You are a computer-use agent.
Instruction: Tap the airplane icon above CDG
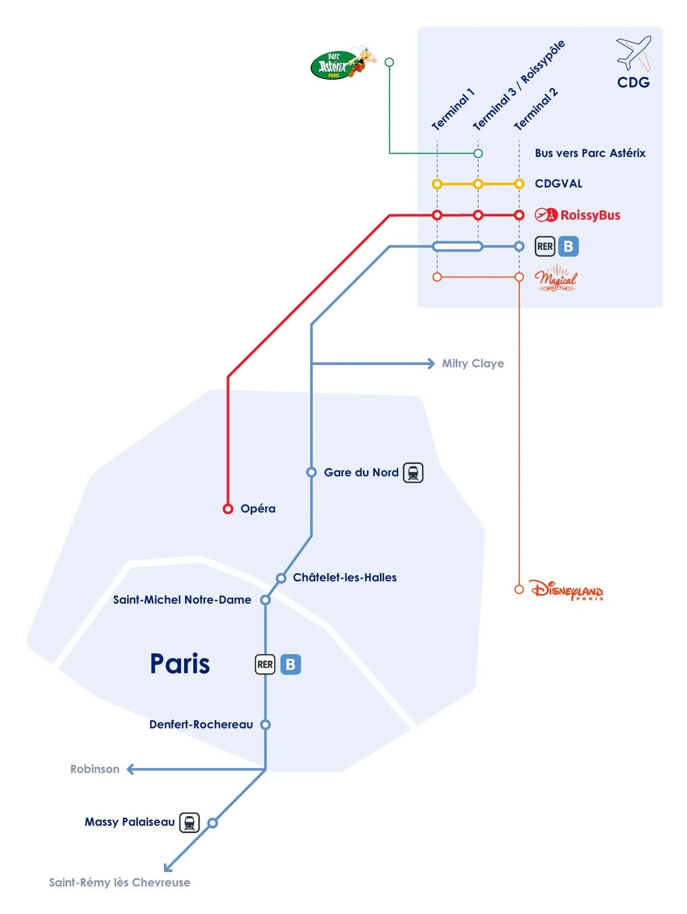click(634, 53)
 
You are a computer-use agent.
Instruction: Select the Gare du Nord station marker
click(311, 472)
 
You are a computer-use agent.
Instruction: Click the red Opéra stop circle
click(228, 509)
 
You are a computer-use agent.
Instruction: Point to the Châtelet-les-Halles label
click(345, 577)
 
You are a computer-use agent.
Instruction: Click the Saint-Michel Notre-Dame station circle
click(265, 600)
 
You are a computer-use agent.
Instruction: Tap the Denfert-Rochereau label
click(201, 725)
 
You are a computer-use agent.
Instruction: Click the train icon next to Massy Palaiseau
click(189, 822)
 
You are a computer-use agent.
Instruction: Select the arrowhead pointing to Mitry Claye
click(431, 364)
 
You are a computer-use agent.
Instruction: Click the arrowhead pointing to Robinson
click(130, 770)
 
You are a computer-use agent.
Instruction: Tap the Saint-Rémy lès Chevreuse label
click(120, 882)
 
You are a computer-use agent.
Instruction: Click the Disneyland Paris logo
click(567, 590)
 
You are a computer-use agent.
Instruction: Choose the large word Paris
click(180, 664)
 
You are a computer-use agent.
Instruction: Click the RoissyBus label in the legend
click(590, 215)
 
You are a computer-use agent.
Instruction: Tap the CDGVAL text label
click(558, 184)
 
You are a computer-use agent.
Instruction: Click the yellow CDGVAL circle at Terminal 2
click(519, 184)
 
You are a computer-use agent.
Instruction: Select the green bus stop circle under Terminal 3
click(478, 153)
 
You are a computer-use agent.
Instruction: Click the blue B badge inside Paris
click(290, 664)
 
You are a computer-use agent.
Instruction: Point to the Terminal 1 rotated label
click(453, 110)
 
